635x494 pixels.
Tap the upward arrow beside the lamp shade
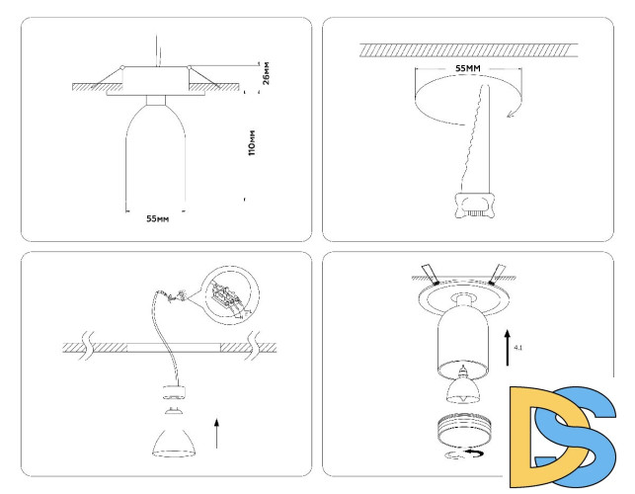pos(217,433)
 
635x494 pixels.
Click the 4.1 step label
pos(519,348)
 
